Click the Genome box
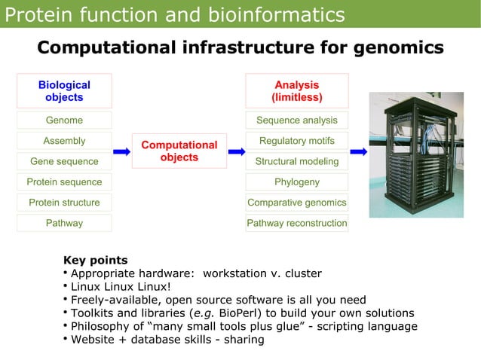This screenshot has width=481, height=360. [x=64, y=121]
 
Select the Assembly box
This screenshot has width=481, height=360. [x=64, y=141]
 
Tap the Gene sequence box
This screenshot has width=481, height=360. [x=64, y=161]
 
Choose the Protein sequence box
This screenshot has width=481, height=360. [x=64, y=182]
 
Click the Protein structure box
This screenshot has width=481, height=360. [x=64, y=203]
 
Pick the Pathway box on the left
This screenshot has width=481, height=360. [x=64, y=223]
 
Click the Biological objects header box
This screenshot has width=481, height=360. [x=64, y=90]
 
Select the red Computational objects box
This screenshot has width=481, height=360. [x=179, y=151]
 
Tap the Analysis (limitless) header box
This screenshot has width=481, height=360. [x=297, y=90]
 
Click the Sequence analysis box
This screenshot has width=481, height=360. [x=297, y=121]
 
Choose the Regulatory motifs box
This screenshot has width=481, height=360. [x=297, y=141]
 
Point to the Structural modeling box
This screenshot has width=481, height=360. [x=297, y=161]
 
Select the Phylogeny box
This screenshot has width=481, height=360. [x=297, y=182]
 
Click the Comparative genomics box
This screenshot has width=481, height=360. [x=297, y=203]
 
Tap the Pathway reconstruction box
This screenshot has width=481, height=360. [x=297, y=223]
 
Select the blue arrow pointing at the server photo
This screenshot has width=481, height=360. [x=359, y=151]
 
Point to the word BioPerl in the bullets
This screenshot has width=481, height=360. [x=239, y=313]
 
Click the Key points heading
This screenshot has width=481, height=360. [x=95, y=261]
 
